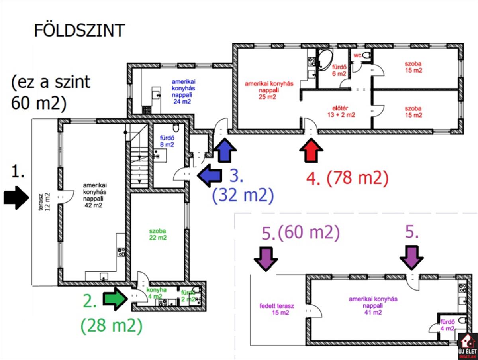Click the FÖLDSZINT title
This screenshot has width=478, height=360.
click(x=79, y=31)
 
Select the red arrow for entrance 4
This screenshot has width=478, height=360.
click(x=311, y=150)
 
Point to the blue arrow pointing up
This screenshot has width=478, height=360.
click(x=225, y=150)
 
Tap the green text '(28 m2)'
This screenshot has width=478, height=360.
click(x=111, y=327)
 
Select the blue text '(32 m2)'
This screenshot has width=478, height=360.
click(x=243, y=196)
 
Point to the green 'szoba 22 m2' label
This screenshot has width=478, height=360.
click(x=158, y=234)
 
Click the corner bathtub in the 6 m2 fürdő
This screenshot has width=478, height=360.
click(x=325, y=57)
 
